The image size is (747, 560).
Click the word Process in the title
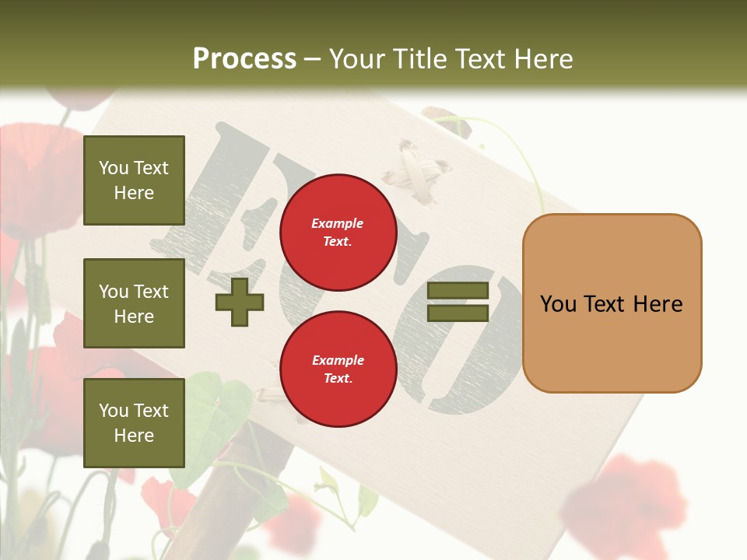[244, 59]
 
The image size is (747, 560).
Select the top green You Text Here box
[134, 180]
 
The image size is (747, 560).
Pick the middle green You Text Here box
[134, 303]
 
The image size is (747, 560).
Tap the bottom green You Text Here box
[134, 423]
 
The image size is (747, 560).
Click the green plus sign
[240, 302]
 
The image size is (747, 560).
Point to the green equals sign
[458, 302]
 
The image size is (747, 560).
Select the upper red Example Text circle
[338, 232]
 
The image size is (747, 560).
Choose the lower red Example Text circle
[338, 369]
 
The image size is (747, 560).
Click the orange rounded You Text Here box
[612, 303]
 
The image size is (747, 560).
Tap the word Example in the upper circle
[338, 223]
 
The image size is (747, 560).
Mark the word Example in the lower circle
[338, 360]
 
